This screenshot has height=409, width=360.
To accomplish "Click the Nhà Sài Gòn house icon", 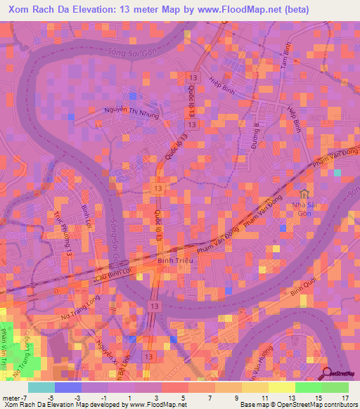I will click(x=304, y=194).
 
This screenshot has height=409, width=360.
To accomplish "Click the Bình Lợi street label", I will click(x=86, y=220).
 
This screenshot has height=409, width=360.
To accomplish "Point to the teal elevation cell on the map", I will click(x=338, y=172).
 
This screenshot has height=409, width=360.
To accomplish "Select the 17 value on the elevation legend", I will click(x=344, y=398).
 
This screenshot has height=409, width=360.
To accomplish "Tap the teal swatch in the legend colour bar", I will click(x=41, y=387).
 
